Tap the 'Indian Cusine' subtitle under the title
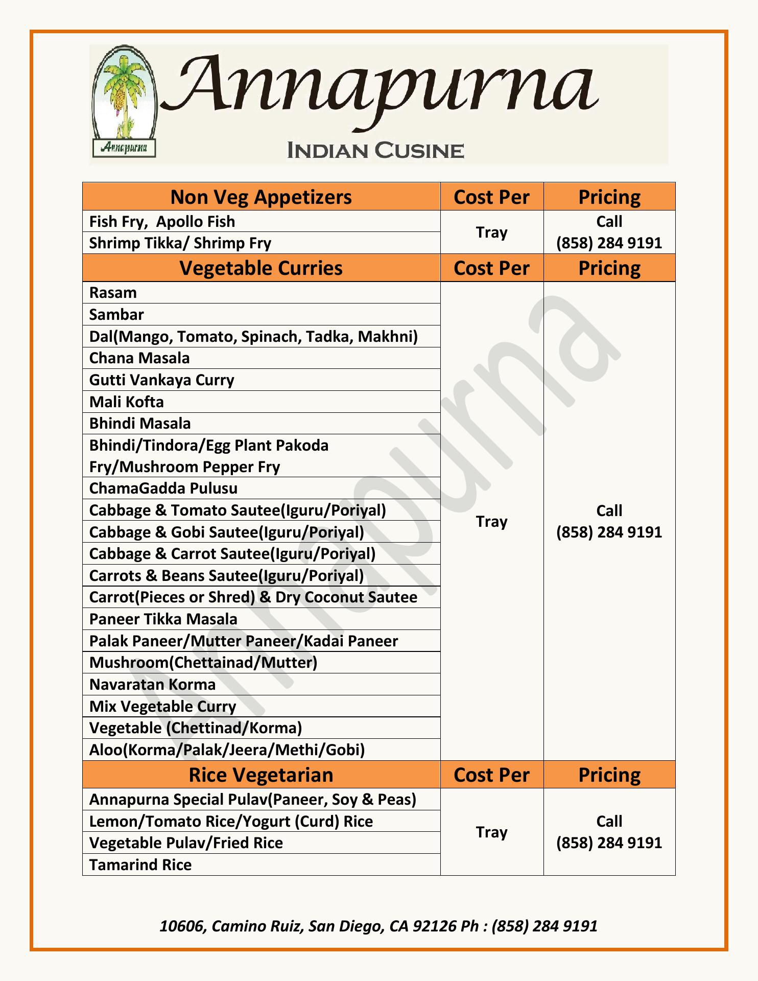click(x=375, y=151)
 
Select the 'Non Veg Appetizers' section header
click(x=261, y=197)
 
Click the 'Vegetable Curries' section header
click(x=261, y=268)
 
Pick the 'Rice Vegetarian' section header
click(x=261, y=775)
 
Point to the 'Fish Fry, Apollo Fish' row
click(x=162, y=222)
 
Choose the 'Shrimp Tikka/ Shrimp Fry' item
click(x=180, y=243)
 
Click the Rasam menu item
click(x=113, y=293)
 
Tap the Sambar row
click(x=116, y=314)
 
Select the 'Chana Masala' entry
click(x=139, y=358)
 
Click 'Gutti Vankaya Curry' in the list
click(x=161, y=380)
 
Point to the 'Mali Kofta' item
click(x=127, y=402)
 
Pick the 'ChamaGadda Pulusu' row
click(x=163, y=488)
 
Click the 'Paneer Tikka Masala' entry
click(x=163, y=619)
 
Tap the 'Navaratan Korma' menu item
click(x=152, y=685)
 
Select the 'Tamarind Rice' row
click(x=140, y=865)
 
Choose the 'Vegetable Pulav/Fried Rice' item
click(x=186, y=843)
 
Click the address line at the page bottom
click(x=378, y=926)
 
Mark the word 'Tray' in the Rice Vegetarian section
click(x=491, y=832)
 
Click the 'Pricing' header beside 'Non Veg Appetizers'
click(x=609, y=197)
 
